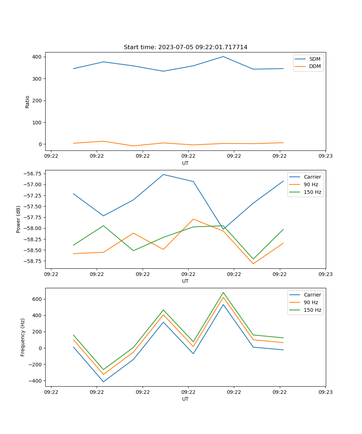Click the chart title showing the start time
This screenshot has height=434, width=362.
point(185,47)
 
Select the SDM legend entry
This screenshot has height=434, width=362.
point(315,59)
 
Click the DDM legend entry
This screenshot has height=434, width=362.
point(315,67)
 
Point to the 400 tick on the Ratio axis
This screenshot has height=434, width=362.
point(38,57)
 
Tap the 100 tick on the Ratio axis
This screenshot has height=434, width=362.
point(38,122)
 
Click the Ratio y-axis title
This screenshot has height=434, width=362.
point(28,102)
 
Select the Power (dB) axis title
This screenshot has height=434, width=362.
point(18,219)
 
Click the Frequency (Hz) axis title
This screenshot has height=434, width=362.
point(23,337)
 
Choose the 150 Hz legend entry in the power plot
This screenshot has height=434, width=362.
point(312,192)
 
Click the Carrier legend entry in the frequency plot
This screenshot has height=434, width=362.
point(312,295)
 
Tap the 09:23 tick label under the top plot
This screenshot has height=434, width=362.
point(325,156)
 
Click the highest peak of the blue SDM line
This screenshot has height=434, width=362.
point(223,56)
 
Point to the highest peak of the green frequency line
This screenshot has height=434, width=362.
point(223,292)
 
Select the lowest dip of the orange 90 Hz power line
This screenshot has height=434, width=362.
point(253,264)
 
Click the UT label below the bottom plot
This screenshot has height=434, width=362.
point(185,399)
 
